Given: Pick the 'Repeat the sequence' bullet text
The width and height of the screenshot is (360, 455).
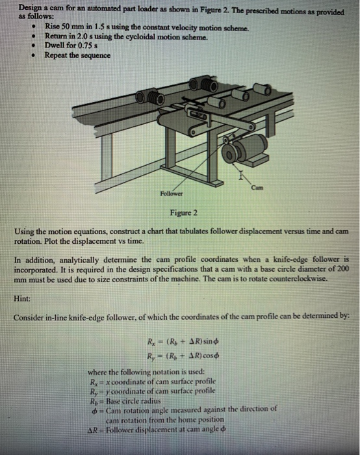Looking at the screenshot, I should pyautogui.click(x=77, y=56).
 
